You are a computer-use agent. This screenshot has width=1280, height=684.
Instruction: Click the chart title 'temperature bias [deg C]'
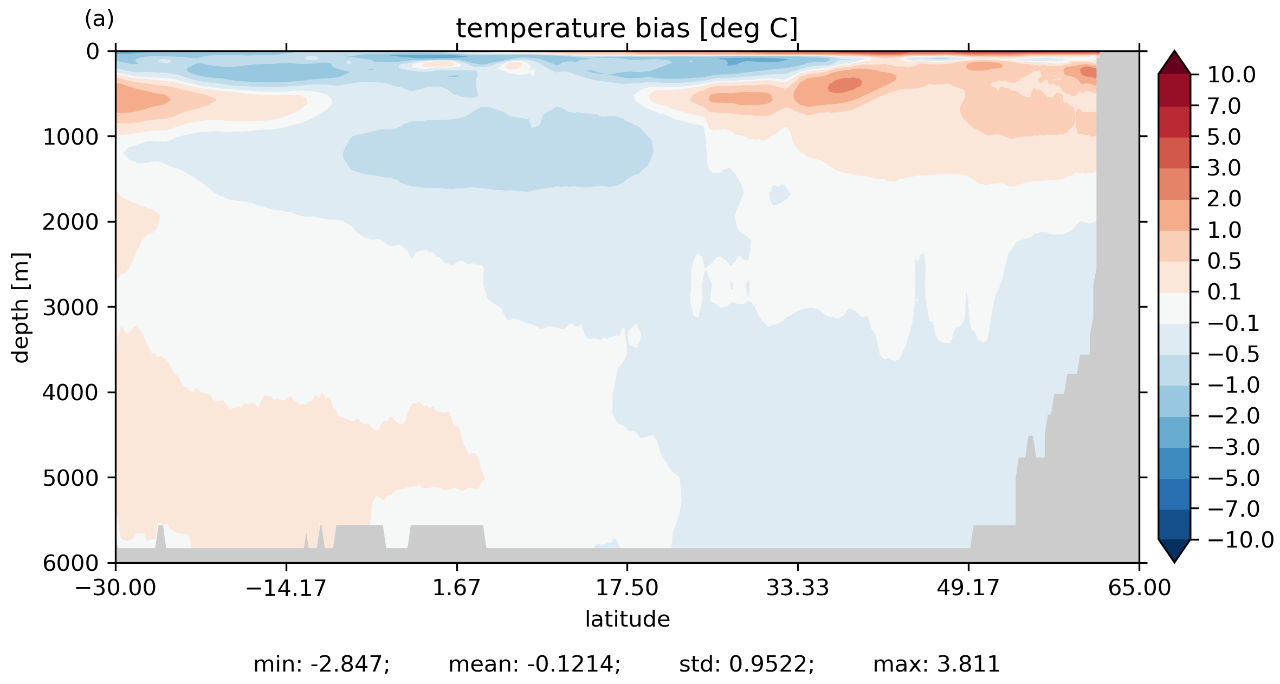626,29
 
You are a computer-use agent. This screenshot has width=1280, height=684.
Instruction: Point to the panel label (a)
99,19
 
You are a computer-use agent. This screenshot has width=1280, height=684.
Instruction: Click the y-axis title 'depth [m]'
21,307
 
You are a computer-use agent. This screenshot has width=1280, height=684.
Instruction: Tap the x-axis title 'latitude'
627,619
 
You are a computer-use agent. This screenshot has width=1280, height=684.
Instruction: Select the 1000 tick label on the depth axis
71,137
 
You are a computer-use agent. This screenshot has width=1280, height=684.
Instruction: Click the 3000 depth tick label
71,308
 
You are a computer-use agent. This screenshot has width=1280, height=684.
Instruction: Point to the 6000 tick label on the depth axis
71,564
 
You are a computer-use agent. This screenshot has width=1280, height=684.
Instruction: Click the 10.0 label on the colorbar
1231,75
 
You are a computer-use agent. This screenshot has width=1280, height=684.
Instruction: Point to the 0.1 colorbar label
1224,292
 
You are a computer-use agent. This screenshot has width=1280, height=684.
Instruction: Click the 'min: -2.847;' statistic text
321,665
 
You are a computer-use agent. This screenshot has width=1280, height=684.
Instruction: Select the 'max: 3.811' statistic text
936,665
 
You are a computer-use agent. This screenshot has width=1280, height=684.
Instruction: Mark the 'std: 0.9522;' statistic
746,665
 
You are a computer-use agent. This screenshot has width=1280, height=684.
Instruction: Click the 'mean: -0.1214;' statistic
534,665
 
